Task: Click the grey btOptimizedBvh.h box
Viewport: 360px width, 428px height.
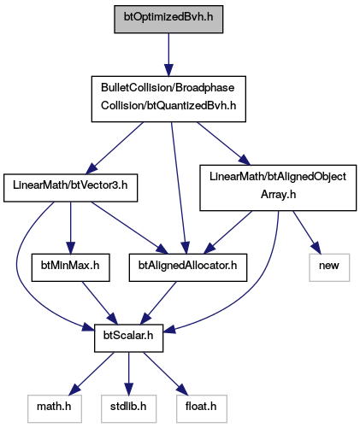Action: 168,19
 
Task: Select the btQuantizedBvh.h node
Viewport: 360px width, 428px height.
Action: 168,99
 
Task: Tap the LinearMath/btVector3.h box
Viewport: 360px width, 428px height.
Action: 70,188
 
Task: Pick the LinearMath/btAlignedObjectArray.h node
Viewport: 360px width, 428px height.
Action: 278,188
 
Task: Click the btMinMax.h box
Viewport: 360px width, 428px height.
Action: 70,267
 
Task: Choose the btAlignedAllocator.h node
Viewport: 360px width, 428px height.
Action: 188,267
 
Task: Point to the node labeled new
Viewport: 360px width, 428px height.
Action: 329,267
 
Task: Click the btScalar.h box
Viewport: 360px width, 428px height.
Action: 128,338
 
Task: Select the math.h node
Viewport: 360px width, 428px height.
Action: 55,408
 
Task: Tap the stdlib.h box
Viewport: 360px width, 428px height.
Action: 128,408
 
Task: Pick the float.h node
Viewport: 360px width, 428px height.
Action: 202,408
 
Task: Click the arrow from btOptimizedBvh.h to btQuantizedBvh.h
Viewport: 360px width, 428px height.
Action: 168,55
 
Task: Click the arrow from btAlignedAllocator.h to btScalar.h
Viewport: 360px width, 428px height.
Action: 159,303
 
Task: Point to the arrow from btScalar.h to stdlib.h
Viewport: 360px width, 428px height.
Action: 128,373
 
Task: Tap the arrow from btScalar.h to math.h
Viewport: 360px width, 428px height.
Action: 91,373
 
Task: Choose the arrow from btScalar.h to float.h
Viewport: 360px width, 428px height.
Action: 166,373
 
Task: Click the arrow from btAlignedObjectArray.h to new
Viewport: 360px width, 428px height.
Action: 307,232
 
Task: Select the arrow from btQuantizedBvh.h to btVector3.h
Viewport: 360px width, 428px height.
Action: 115,148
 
